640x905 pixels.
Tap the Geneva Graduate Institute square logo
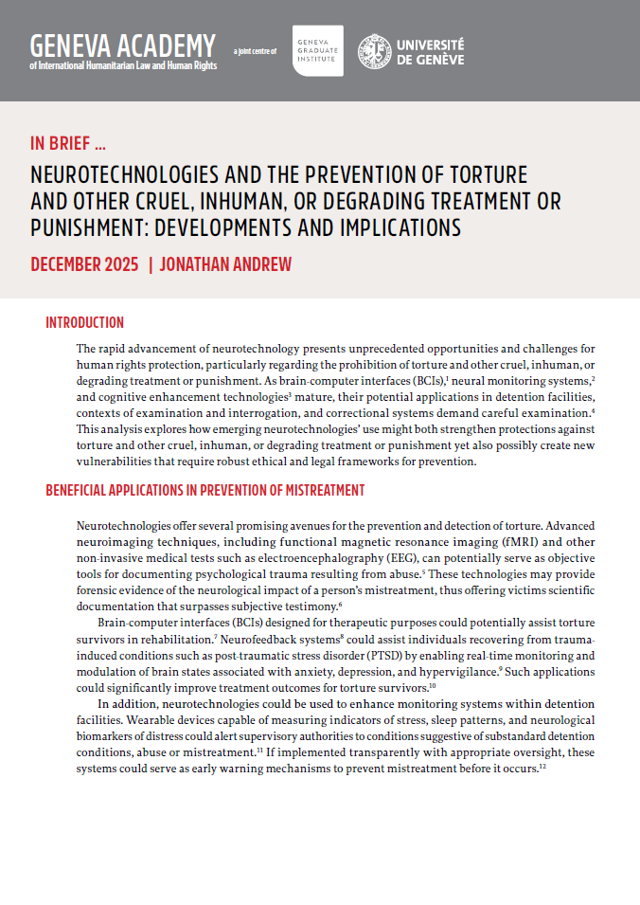pyautogui.click(x=318, y=50)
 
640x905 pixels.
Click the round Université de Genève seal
pyautogui.click(x=374, y=51)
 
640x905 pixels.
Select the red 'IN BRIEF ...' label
pyautogui.click(x=68, y=144)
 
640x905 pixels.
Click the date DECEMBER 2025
pyautogui.click(x=84, y=264)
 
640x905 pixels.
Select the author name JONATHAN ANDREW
pyautogui.click(x=224, y=264)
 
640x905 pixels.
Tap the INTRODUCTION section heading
pyautogui.click(x=85, y=323)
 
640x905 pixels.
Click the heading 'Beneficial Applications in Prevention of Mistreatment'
pyautogui.click(x=204, y=490)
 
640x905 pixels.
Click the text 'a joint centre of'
pyautogui.click(x=255, y=51)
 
